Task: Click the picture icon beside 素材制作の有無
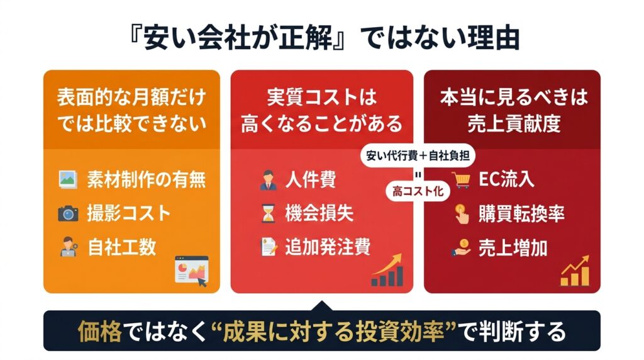(x=68, y=179)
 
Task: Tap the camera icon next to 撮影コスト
(x=68, y=214)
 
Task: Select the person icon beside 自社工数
(x=68, y=247)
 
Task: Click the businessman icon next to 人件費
(x=269, y=180)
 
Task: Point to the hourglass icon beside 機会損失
(x=268, y=214)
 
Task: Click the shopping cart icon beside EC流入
(x=461, y=179)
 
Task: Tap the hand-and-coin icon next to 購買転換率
(x=462, y=214)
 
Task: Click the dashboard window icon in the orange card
(x=191, y=271)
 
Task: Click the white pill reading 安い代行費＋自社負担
(x=418, y=155)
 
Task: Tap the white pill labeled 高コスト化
(x=418, y=191)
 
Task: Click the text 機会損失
(x=319, y=214)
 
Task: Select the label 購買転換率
(x=521, y=214)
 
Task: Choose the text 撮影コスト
(x=128, y=214)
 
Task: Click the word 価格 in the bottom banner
(x=100, y=331)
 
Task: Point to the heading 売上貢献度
(x=514, y=124)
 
